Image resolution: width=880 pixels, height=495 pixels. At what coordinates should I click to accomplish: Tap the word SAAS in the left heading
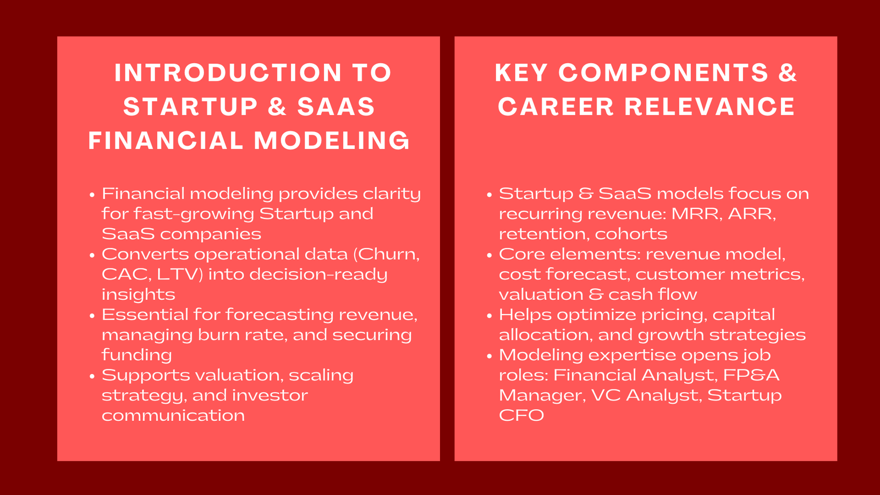click(336, 107)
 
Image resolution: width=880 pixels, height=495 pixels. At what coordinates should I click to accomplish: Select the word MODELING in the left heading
click(332, 140)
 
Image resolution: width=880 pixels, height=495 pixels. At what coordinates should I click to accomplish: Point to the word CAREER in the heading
click(555, 107)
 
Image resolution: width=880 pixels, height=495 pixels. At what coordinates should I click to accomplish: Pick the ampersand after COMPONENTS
click(788, 73)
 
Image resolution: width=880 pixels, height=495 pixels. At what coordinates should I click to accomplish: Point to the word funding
click(136, 355)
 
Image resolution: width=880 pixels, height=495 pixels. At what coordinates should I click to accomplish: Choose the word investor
click(269, 395)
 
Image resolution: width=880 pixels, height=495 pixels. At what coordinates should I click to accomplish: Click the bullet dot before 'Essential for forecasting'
click(92, 316)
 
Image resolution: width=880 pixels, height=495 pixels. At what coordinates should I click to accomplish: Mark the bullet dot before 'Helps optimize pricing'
click(490, 316)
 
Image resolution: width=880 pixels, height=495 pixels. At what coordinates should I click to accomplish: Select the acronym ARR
click(751, 214)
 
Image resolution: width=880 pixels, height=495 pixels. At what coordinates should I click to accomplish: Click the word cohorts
click(631, 234)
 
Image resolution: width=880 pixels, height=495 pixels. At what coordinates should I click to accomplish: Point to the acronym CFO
click(521, 415)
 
